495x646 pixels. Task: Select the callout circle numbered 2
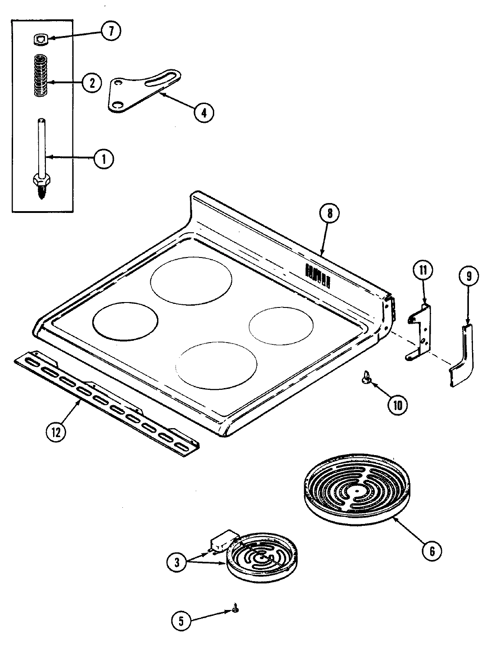[91, 83]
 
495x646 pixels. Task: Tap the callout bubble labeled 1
[104, 158]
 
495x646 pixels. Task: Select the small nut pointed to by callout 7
[41, 40]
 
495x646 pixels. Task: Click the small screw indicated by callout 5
[235, 610]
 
